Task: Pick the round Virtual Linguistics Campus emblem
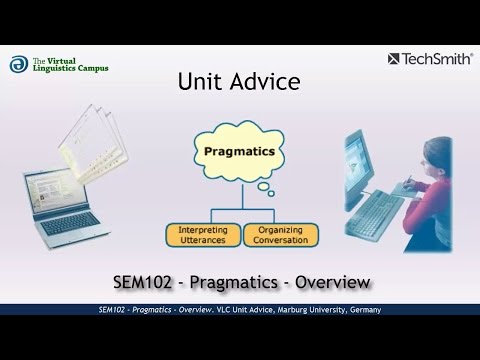(x=17, y=63)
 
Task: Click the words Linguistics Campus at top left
(x=72, y=68)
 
